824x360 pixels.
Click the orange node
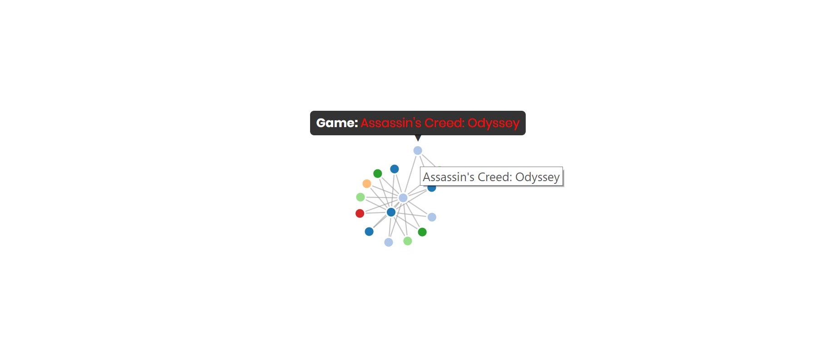pyautogui.click(x=367, y=184)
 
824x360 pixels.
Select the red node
pyautogui.click(x=360, y=213)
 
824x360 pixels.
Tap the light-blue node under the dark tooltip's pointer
pyautogui.click(x=418, y=150)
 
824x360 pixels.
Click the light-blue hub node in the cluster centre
pyautogui.click(x=403, y=198)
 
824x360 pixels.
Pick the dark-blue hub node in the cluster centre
pyautogui.click(x=391, y=212)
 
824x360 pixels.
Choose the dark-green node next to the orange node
pyautogui.click(x=378, y=173)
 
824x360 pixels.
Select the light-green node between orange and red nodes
pyautogui.click(x=360, y=197)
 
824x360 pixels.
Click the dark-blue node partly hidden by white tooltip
pyautogui.click(x=432, y=188)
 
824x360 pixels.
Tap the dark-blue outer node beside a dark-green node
pyautogui.click(x=395, y=169)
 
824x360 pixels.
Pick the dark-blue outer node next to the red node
pyautogui.click(x=369, y=232)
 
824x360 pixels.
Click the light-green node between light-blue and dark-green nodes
pyautogui.click(x=408, y=241)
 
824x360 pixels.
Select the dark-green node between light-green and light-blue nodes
pyautogui.click(x=422, y=232)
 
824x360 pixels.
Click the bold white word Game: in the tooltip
pyautogui.click(x=337, y=123)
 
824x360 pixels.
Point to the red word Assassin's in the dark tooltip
pyautogui.click(x=391, y=123)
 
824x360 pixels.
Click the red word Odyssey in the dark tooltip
pyautogui.click(x=493, y=123)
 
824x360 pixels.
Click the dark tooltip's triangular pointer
pyautogui.click(x=418, y=138)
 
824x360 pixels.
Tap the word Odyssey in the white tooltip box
pyautogui.click(x=538, y=177)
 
